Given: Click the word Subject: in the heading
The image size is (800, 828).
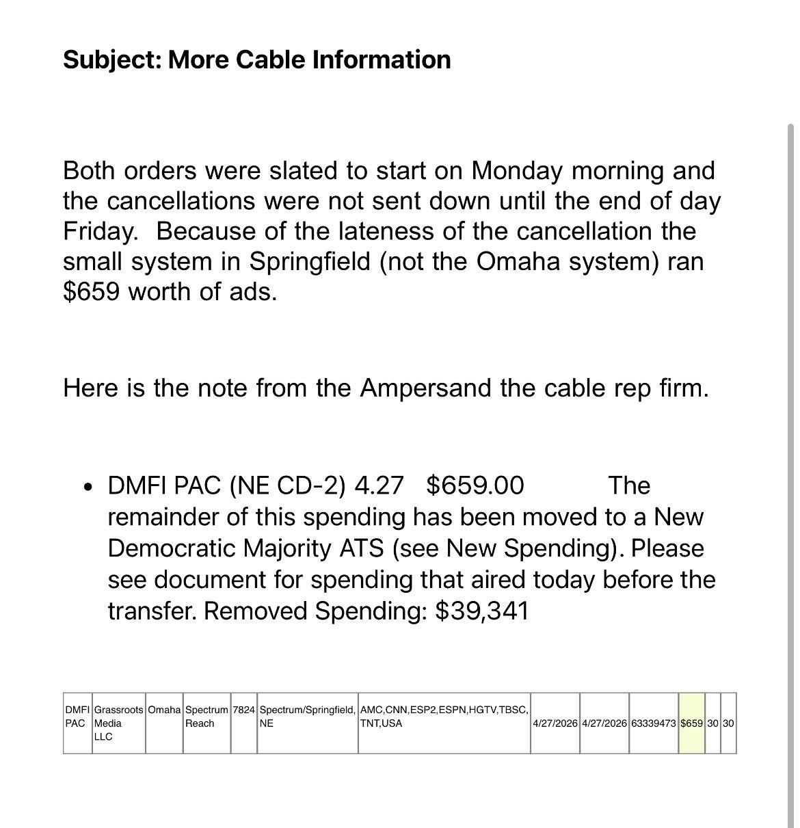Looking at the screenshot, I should coord(112,59).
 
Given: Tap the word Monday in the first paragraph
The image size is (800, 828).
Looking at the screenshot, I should coord(517,170).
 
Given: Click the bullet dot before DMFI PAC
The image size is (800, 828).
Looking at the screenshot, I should coord(88,488).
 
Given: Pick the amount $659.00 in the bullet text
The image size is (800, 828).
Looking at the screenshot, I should coord(475,485).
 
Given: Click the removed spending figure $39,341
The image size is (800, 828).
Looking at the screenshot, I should coord(482,611).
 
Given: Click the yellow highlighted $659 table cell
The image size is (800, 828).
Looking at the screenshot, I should coord(691,723).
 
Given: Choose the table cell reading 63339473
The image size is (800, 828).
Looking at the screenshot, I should coord(654,723).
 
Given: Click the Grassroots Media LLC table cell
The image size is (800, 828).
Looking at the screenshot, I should coord(118,723).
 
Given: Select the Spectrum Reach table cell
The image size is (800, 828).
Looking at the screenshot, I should coord(206,717).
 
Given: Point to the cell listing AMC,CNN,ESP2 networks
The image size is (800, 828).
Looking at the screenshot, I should coord(444,717).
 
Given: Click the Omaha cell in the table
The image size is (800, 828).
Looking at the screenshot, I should coord(164,710).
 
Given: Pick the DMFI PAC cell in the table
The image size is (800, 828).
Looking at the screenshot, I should coord(77,717).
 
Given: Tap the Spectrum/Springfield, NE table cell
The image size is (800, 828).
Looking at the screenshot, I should coord(307,717).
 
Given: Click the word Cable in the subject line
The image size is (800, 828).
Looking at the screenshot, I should coord(271,59).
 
